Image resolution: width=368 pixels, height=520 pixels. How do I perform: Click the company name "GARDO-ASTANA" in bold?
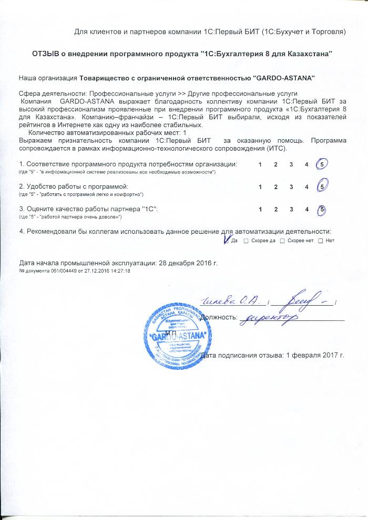click(284, 78)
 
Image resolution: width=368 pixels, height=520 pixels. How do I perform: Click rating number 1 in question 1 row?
click(260, 165)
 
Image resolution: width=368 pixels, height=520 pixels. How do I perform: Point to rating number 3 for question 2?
click(291, 186)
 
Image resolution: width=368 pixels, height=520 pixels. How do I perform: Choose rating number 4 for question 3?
click(306, 210)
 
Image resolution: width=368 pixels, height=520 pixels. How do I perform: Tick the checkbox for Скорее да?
click(246, 241)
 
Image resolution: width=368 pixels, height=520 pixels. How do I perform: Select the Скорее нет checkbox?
click(282, 241)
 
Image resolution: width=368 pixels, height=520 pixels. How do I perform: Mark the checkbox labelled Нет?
click(321, 241)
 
